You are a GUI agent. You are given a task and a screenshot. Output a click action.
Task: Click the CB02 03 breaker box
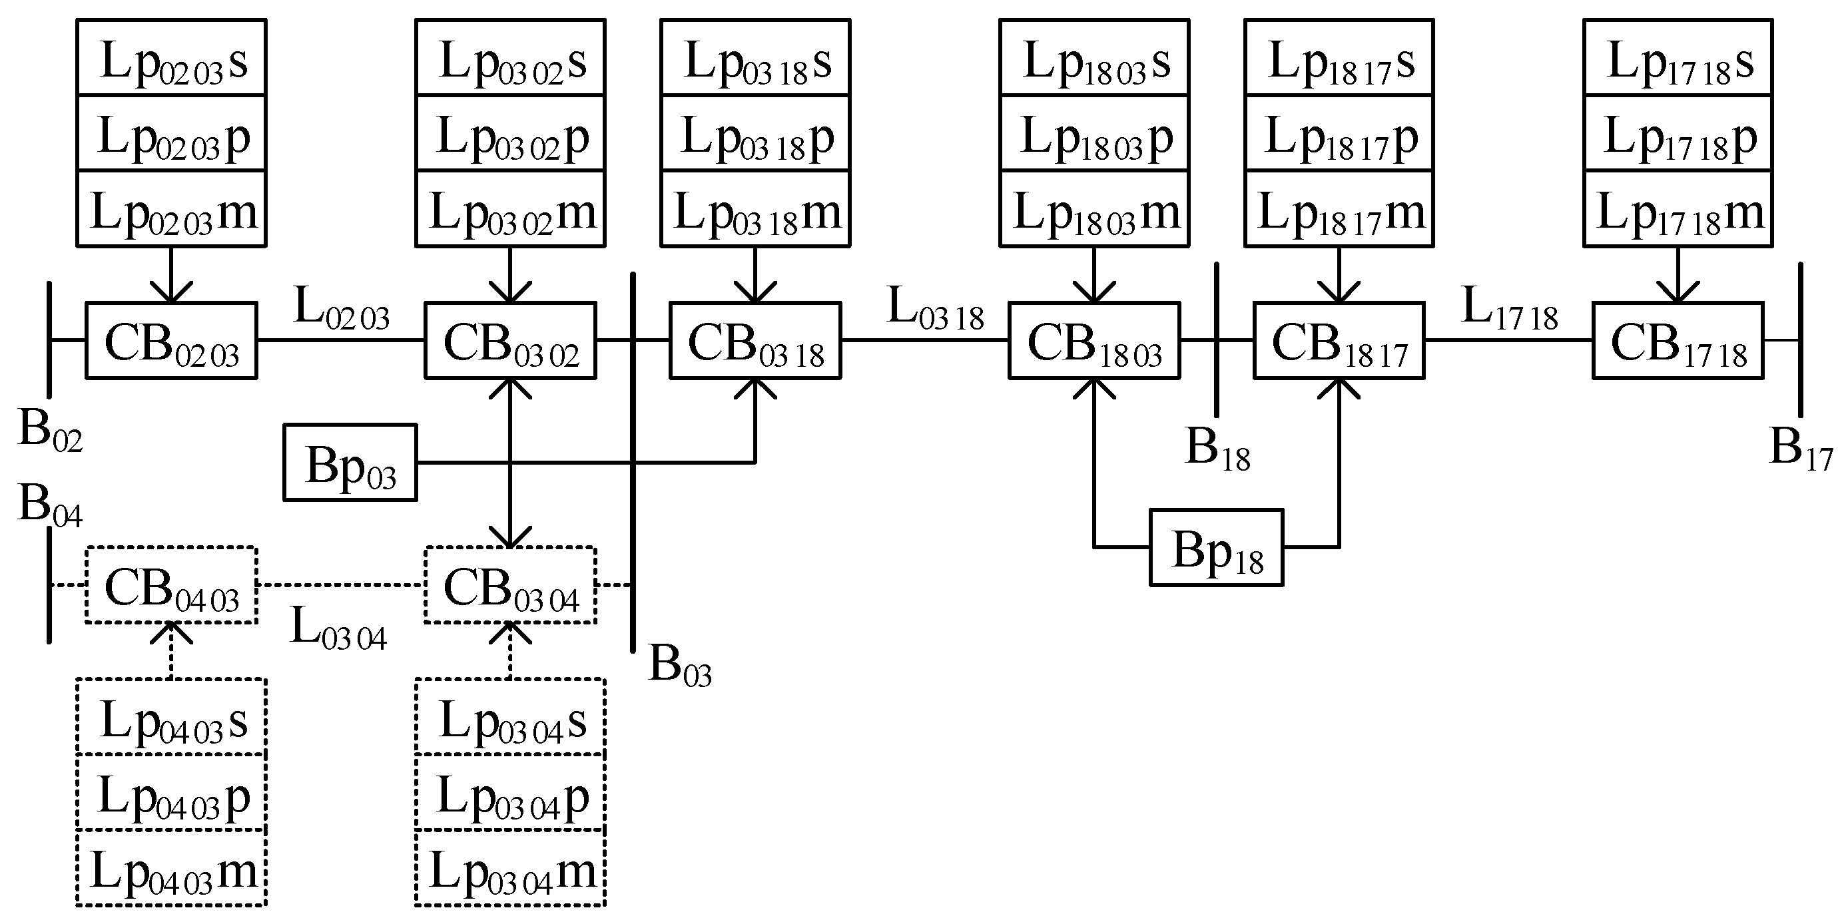170,341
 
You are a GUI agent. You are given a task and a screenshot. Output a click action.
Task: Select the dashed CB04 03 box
170,585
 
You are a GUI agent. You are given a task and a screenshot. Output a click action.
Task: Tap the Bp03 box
350,463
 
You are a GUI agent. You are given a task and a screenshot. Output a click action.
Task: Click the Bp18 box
1216,548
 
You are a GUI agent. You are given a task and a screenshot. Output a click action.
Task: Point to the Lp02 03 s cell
171,57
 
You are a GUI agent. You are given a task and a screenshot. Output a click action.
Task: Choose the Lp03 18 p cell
755,133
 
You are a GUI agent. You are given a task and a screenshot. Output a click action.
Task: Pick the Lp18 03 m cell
1094,210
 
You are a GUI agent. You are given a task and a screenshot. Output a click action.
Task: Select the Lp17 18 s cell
1678,57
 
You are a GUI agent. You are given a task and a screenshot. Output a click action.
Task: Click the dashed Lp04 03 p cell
171,793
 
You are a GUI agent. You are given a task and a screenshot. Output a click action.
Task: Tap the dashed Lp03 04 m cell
510,869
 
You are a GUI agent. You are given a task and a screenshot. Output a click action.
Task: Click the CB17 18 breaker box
1678,341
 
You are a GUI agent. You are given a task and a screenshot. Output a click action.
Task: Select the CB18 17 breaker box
1339,341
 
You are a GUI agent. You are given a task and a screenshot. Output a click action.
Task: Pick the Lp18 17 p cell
1339,133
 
